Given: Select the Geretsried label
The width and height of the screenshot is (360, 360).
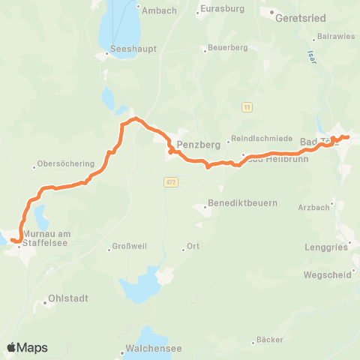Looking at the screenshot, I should click(299, 15).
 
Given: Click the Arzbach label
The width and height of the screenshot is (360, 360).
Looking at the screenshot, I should click(314, 207).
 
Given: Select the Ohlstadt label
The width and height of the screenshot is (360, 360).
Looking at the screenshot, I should click(67, 298).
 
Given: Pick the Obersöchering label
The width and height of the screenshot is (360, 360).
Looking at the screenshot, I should click(67, 163).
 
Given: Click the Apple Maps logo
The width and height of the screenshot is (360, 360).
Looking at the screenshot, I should click(27, 347).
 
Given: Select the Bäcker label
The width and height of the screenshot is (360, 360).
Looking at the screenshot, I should click(269, 339).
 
